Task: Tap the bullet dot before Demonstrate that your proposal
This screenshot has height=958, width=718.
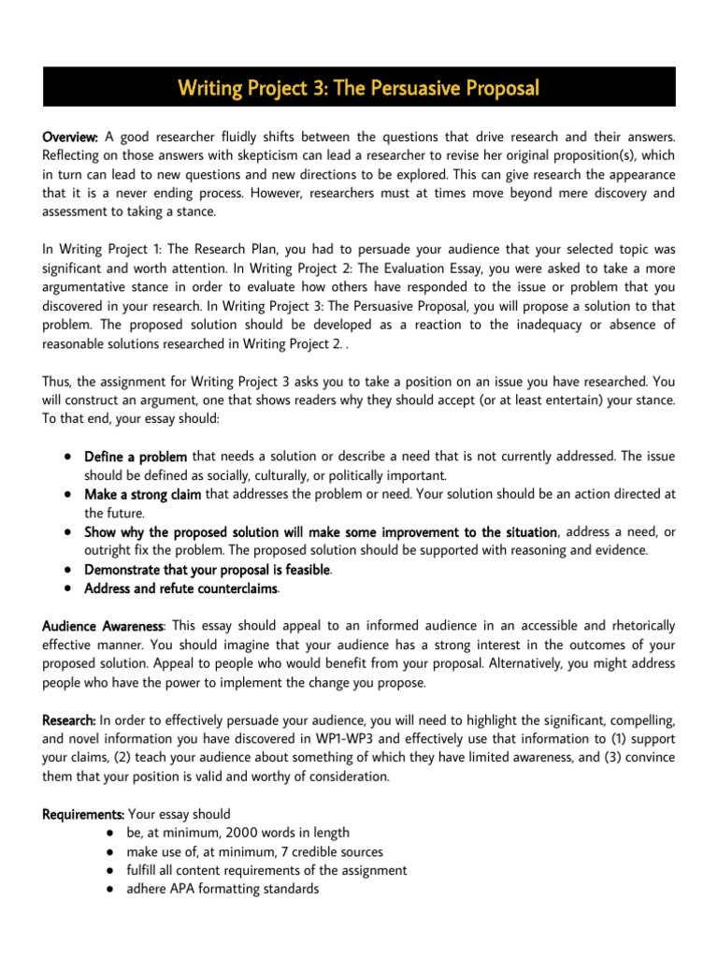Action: point(69,569)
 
